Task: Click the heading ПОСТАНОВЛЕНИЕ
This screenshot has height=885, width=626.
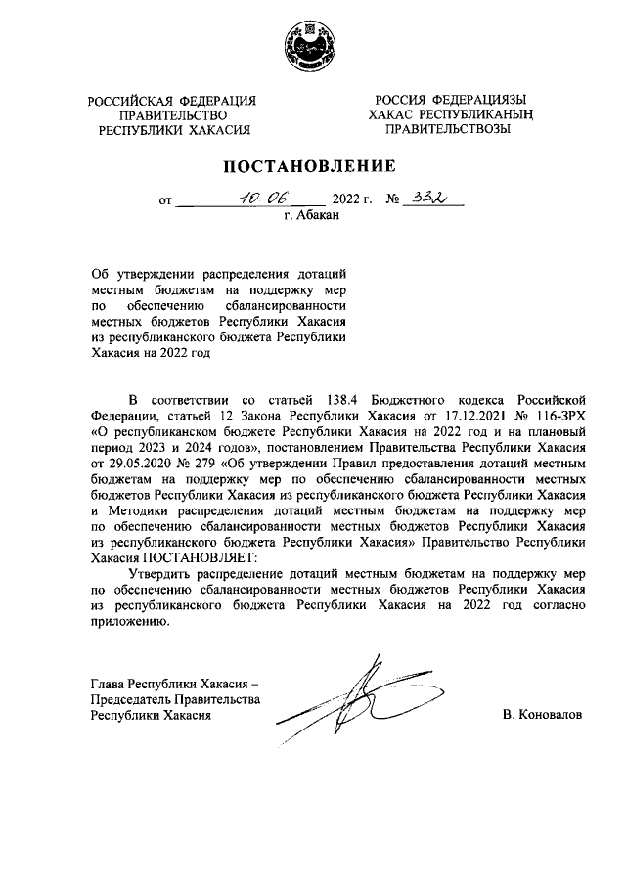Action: pyautogui.click(x=312, y=165)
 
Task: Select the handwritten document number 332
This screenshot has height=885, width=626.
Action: pyautogui.click(x=428, y=198)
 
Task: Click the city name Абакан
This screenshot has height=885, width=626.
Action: pyautogui.click(x=312, y=217)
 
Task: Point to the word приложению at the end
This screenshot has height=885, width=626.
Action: pyautogui.click(x=123, y=622)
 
